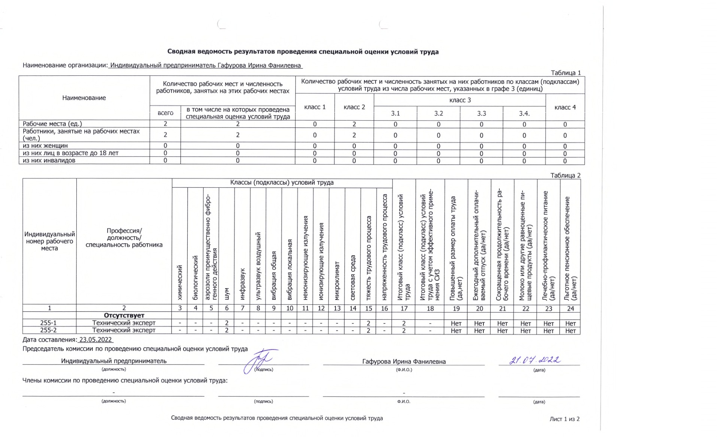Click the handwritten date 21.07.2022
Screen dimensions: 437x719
coord(534,360)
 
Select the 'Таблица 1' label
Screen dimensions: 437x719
coord(565,73)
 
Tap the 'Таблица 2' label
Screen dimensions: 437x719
coord(565,175)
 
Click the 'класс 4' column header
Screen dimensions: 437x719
coord(565,107)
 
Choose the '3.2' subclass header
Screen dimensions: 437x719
coord(438,113)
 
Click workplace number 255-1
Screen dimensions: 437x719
coord(49,323)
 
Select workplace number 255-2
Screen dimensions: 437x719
coord(49,330)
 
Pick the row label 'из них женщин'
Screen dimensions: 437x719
coord(45,146)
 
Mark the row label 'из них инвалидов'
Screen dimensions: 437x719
coord(49,160)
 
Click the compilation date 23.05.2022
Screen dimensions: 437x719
coord(95,340)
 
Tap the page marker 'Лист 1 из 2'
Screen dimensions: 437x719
coord(564,419)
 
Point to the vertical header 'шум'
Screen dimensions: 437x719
coord(227,294)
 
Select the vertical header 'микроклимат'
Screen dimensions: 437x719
coord(337,281)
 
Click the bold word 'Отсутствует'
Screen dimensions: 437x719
coord(124,316)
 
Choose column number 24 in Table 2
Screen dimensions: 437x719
coord(570,308)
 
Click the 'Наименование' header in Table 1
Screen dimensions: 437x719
coord(84,98)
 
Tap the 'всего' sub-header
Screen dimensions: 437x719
coord(165,113)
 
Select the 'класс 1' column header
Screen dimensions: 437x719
coord(315,107)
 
